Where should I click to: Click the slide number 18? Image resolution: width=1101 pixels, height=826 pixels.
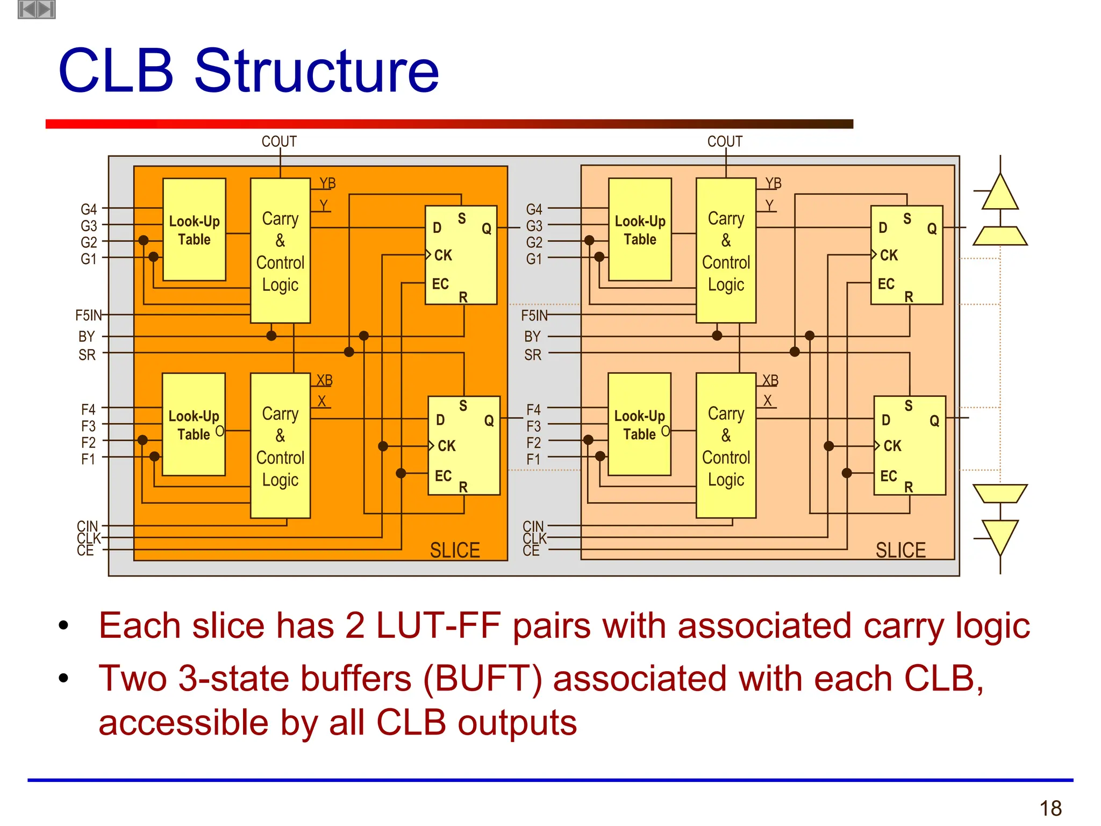1050,808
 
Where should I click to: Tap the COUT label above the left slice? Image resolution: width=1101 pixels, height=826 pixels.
279,141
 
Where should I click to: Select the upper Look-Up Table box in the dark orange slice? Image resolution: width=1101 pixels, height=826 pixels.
194,230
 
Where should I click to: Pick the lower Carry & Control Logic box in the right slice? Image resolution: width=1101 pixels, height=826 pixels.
726,446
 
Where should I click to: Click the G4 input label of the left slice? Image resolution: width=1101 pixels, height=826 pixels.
89,209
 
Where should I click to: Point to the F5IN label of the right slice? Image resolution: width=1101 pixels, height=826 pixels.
534,315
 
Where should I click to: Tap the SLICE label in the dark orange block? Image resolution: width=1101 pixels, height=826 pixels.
454,550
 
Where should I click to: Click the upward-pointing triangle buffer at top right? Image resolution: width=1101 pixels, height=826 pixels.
1000,193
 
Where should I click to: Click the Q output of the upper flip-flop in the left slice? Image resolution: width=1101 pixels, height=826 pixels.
486,229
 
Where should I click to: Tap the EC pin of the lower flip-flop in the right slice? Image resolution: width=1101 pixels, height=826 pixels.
888,475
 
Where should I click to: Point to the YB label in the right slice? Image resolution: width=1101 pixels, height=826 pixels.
773,183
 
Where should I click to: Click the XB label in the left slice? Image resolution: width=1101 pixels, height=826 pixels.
324,380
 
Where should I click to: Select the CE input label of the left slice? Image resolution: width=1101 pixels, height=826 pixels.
85,551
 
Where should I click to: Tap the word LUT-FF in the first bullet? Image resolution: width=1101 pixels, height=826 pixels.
438,626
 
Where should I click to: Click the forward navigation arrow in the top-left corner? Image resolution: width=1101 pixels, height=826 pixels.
46,9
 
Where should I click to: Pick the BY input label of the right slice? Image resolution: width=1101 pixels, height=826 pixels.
532,337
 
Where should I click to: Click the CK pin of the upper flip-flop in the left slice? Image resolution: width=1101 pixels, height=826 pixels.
443,255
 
